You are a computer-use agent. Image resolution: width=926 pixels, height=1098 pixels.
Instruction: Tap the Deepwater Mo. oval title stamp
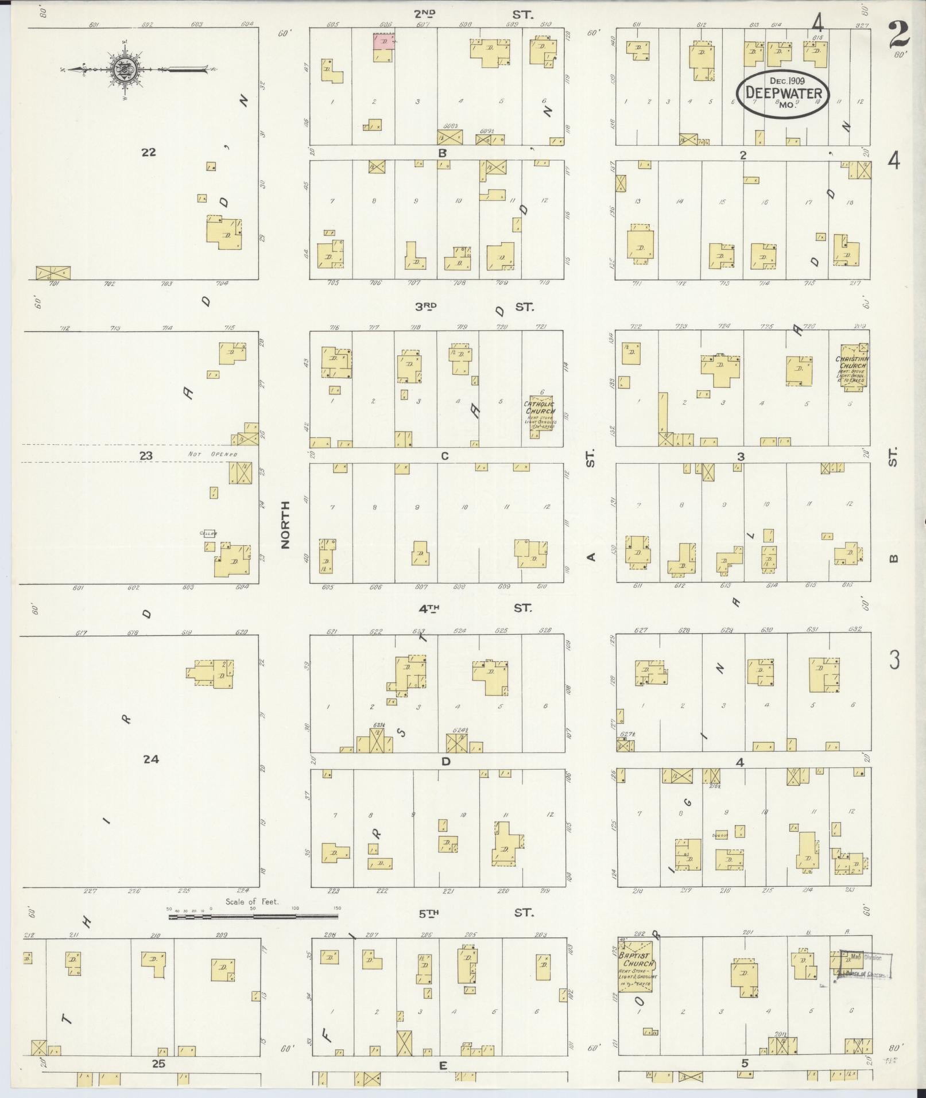point(783,94)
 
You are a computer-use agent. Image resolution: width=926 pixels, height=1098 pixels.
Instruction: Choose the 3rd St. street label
point(474,307)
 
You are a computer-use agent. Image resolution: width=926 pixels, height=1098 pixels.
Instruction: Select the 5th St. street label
point(474,913)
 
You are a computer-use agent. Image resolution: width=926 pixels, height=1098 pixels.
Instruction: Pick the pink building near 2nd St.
point(383,41)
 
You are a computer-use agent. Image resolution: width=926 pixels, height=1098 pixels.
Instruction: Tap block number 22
point(148,152)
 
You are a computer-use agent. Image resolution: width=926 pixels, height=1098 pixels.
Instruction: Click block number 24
point(150,759)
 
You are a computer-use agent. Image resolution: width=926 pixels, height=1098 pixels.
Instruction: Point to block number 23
point(146,456)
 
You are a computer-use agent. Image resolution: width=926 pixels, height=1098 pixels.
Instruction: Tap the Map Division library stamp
point(865,966)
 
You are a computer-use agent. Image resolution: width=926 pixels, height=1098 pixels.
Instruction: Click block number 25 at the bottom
point(158,1064)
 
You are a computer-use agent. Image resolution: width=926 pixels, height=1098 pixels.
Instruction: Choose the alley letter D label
point(445,762)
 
